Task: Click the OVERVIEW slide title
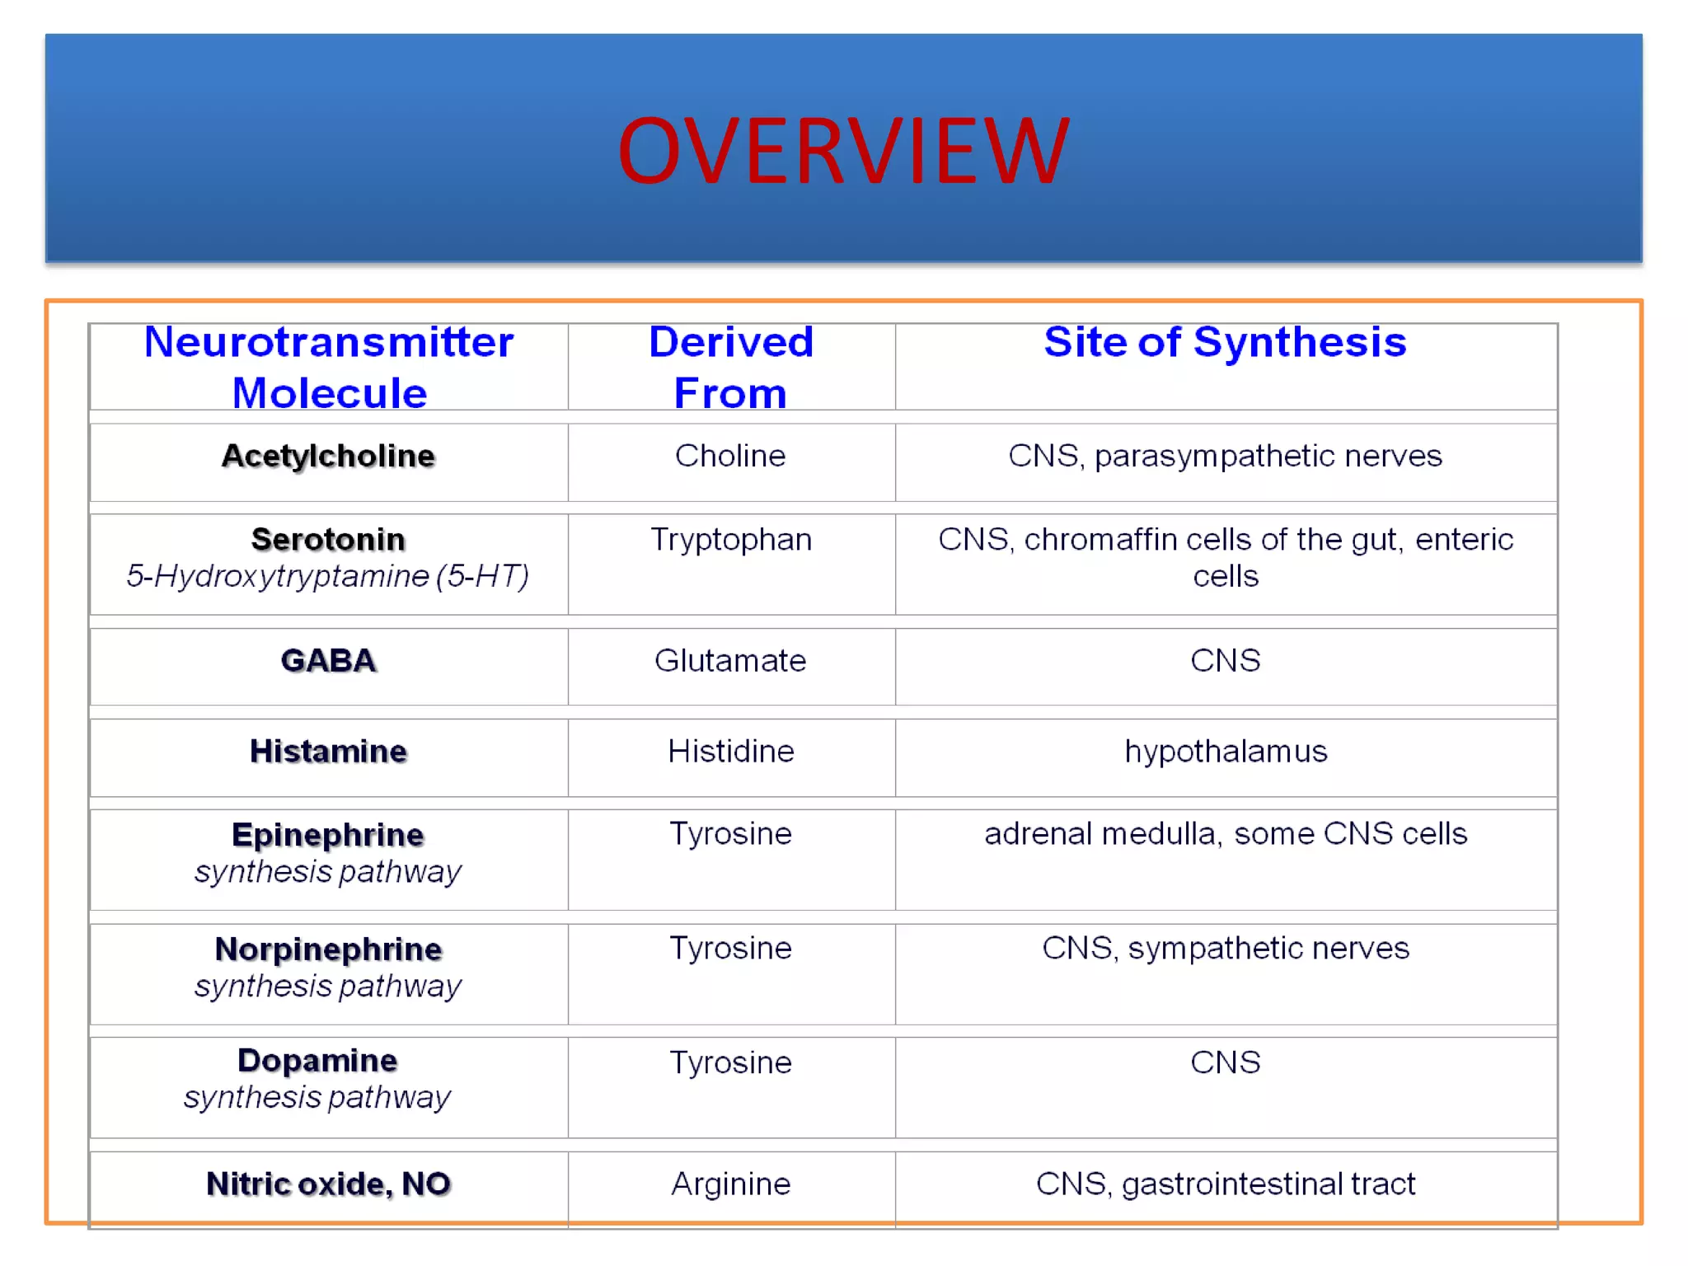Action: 842,151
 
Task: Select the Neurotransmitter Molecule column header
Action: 328,367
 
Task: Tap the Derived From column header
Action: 730,367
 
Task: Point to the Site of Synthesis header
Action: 1225,342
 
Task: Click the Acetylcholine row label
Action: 328,456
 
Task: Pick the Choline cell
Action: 730,456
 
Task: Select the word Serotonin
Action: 328,539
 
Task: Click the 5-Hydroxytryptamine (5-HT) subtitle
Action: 328,576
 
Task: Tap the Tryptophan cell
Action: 730,539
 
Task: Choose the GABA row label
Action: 328,660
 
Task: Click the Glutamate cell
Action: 730,660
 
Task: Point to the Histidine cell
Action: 730,751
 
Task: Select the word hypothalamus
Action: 1225,751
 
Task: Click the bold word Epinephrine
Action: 328,835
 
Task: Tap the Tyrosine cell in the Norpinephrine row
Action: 730,948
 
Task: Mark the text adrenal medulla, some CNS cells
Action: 1225,833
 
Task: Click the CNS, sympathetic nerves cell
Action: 1225,948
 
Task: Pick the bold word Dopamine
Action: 317,1061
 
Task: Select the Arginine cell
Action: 730,1184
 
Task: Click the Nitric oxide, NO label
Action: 328,1184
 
